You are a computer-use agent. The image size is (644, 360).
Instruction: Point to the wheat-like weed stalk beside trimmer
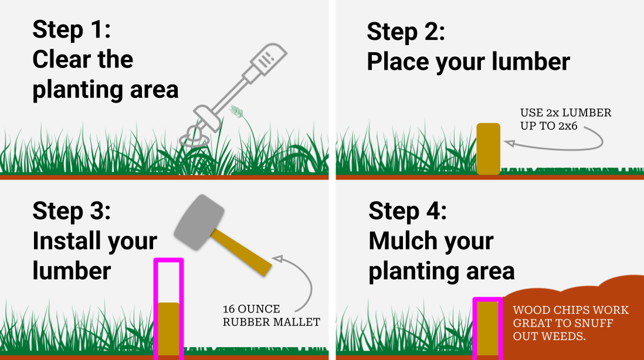(x=237, y=111)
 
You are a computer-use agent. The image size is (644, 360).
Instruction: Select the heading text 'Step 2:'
(x=406, y=32)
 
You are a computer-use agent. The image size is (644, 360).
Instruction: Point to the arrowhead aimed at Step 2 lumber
(x=509, y=143)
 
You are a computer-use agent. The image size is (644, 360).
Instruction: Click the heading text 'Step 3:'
(x=71, y=210)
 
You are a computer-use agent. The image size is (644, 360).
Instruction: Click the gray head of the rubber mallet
(x=199, y=219)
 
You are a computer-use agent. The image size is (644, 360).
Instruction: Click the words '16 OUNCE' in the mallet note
(x=251, y=309)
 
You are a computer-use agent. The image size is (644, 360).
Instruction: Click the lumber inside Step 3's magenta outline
(x=168, y=328)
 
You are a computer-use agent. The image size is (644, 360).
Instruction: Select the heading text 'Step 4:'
(x=407, y=211)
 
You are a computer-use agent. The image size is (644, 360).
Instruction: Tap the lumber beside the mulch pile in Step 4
(x=487, y=328)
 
